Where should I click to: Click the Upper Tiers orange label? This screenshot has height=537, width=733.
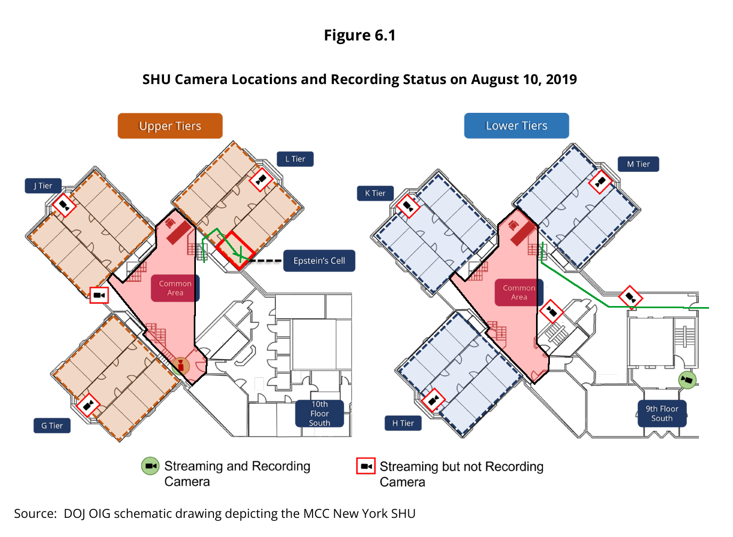pyautogui.click(x=170, y=126)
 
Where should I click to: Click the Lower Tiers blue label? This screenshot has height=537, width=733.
pyautogui.click(x=516, y=126)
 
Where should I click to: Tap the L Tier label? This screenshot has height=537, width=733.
pyautogui.click(x=295, y=159)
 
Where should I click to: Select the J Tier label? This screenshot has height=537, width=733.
pyautogui.click(x=43, y=186)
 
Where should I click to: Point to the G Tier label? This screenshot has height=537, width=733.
pyautogui.click(x=52, y=426)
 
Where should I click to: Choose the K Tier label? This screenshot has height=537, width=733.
pyautogui.click(x=375, y=193)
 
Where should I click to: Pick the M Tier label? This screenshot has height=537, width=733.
pyautogui.click(x=638, y=164)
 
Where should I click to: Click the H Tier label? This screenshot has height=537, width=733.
pyautogui.click(x=403, y=424)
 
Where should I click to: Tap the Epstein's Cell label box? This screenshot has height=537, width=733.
pyautogui.click(x=319, y=261)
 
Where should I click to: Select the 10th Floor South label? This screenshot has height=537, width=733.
pyautogui.click(x=320, y=414)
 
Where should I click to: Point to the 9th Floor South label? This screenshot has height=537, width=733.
pyautogui.click(x=662, y=414)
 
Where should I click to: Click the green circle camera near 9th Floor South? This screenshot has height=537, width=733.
pyautogui.click(x=687, y=380)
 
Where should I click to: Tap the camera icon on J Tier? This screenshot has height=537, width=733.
pyautogui.click(x=64, y=205)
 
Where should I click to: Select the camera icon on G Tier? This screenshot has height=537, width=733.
pyautogui.click(x=88, y=405)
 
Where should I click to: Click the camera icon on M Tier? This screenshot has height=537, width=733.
pyautogui.click(x=600, y=181)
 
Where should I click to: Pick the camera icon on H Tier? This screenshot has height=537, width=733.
pyautogui.click(x=433, y=400)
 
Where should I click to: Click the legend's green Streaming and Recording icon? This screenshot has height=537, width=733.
pyautogui.click(x=150, y=466)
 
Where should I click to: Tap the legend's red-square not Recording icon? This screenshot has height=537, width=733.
pyautogui.click(x=366, y=466)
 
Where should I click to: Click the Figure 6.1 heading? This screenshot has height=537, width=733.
pyautogui.click(x=360, y=35)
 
